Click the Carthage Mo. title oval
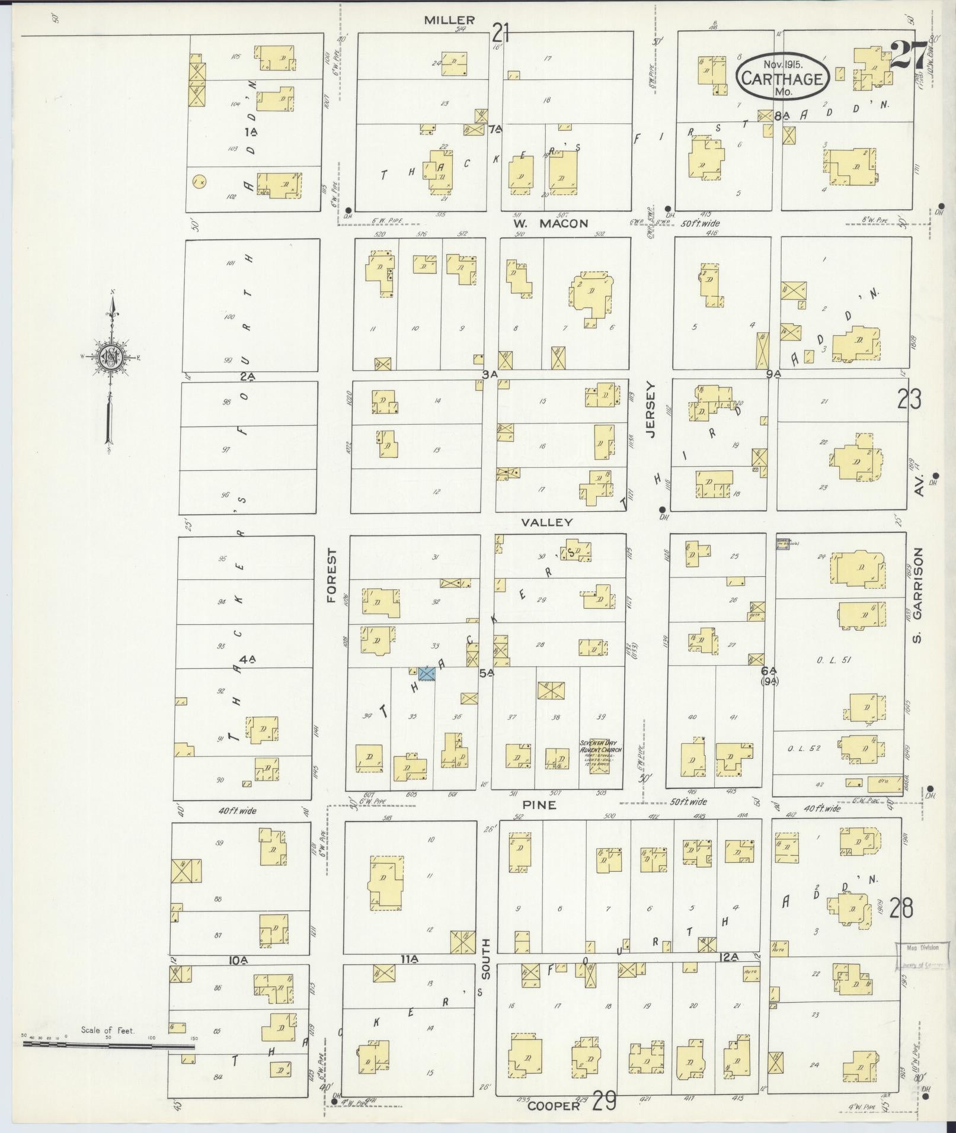tap(782, 78)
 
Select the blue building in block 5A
tap(427, 673)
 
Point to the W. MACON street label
tap(551, 223)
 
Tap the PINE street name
tap(540, 805)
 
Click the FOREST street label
tap(332, 576)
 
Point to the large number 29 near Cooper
tap(603, 1102)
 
